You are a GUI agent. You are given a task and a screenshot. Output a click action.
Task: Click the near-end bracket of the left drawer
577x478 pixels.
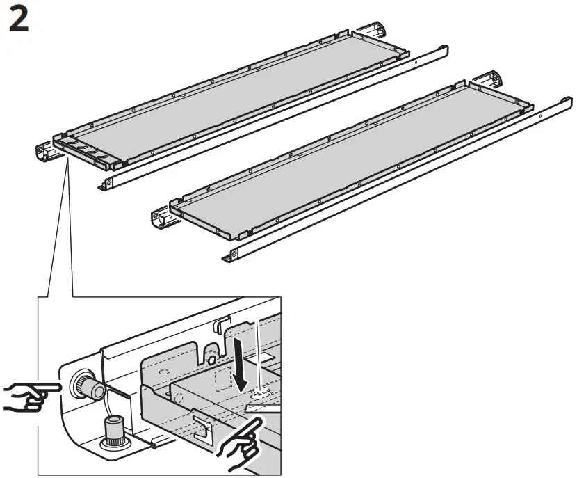pyautogui.click(x=46, y=150)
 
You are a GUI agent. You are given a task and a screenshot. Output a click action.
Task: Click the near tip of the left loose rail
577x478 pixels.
pyautogui.click(x=104, y=184)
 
